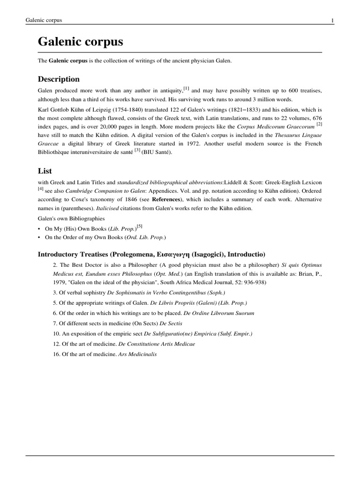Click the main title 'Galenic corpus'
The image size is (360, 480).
click(80, 42)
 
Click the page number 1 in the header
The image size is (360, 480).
click(332, 20)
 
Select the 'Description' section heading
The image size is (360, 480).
click(59, 79)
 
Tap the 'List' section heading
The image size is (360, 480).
click(45, 171)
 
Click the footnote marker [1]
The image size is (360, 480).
click(186, 88)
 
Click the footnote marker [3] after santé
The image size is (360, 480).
click(137, 150)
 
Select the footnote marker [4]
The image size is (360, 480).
click(40, 188)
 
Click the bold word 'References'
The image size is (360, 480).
click(166, 199)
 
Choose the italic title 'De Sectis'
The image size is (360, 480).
click(171, 323)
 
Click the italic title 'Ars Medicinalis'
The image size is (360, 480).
click(138, 354)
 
